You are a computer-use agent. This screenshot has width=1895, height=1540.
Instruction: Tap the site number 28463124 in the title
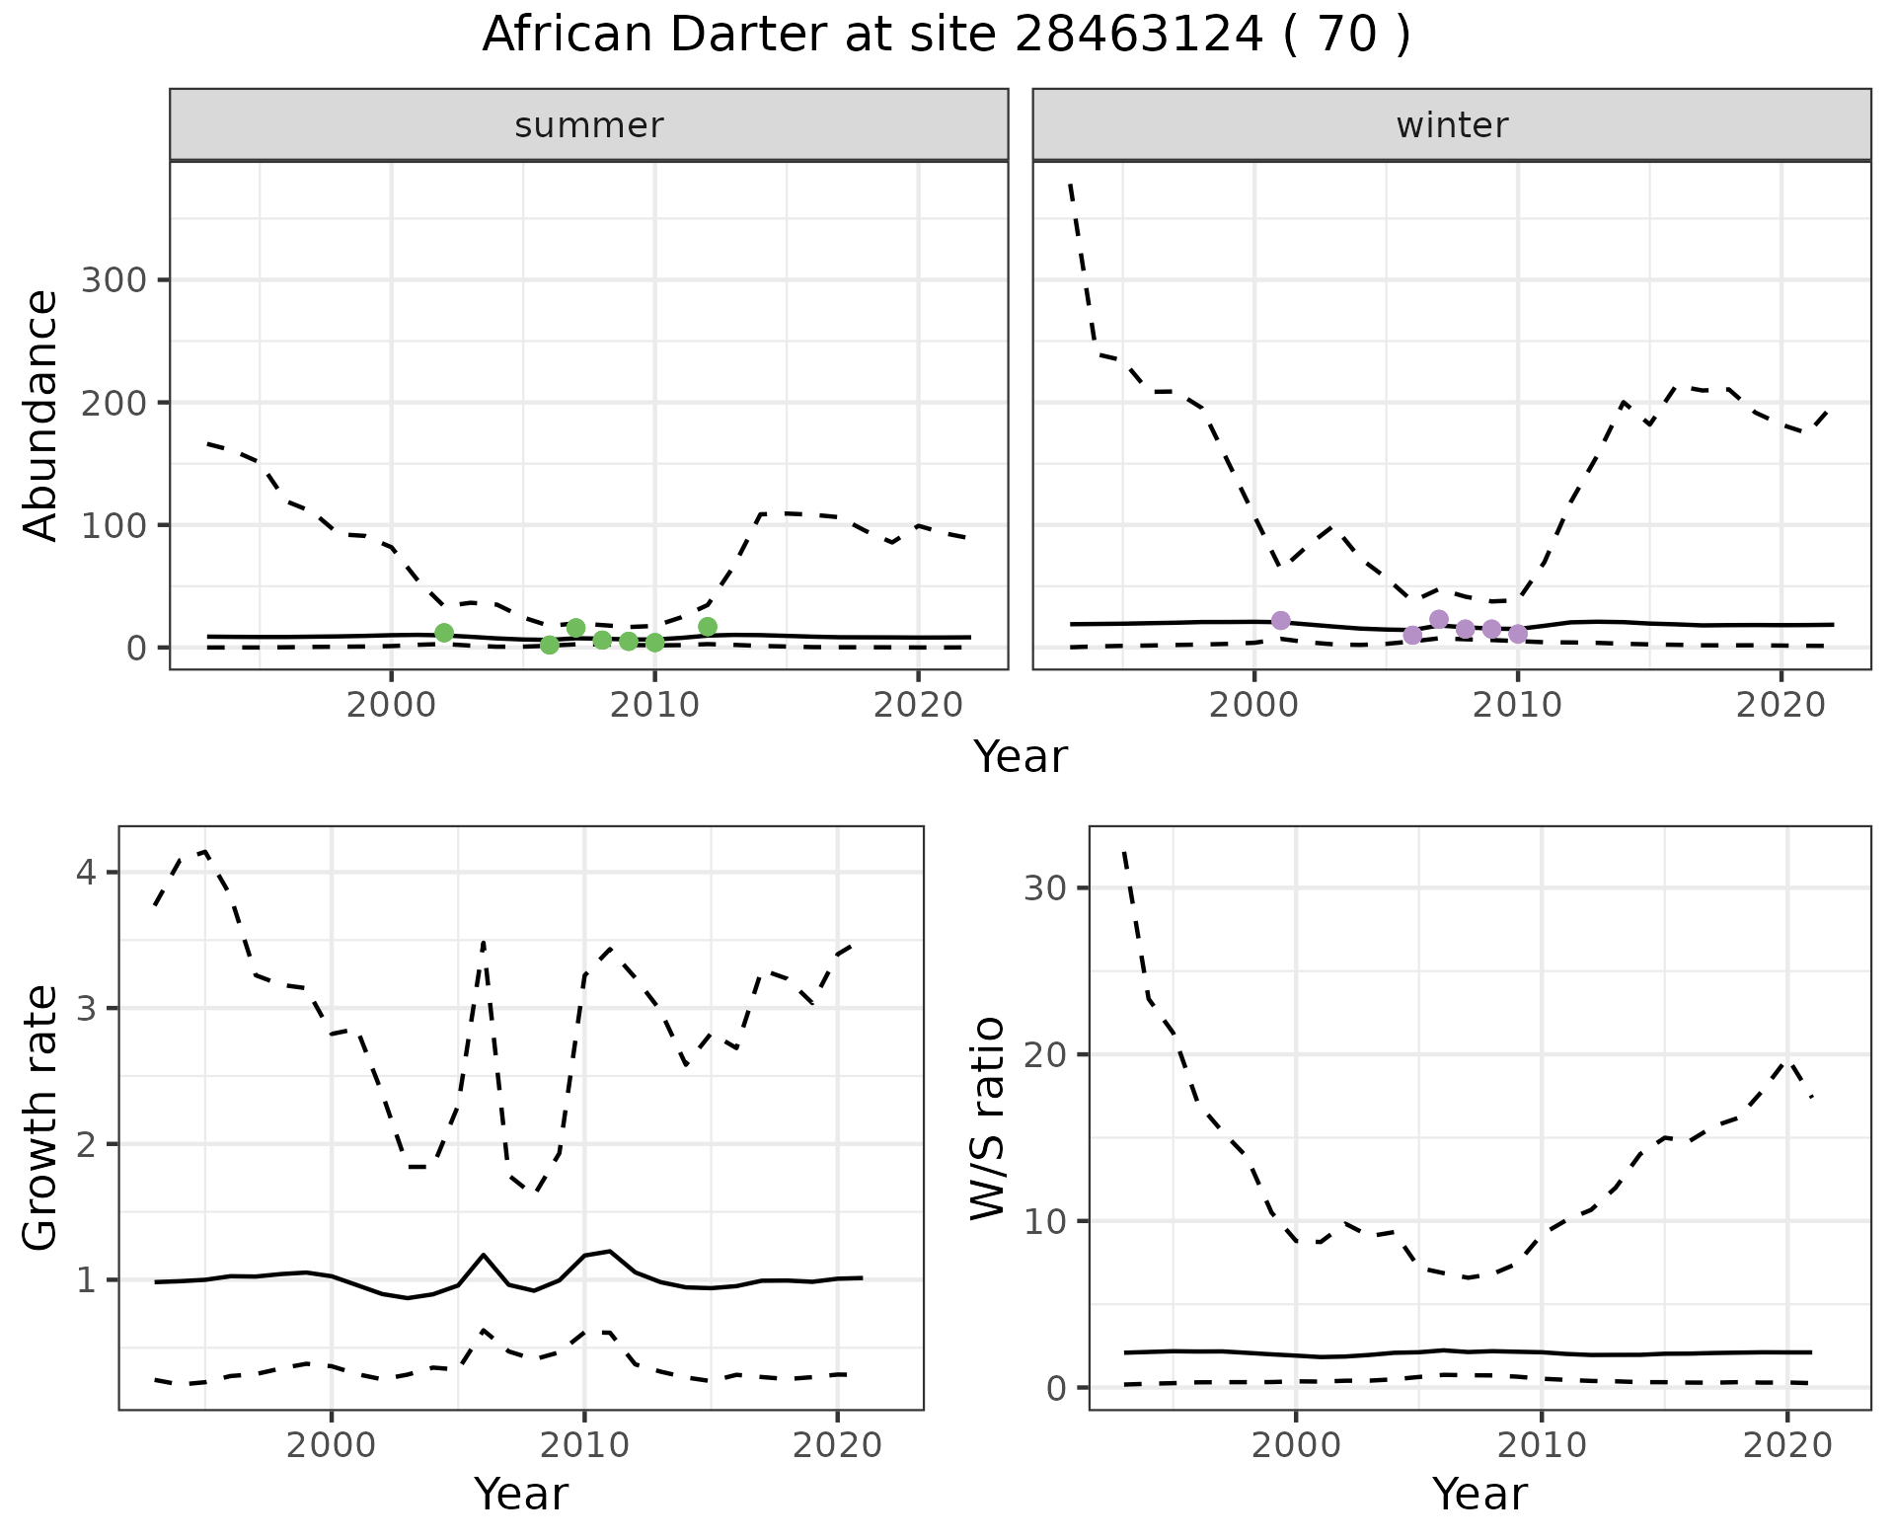1138,36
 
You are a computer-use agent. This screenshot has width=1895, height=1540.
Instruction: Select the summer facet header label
589,125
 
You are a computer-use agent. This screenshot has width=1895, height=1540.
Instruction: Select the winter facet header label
1452,125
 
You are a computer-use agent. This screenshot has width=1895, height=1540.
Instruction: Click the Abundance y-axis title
41,415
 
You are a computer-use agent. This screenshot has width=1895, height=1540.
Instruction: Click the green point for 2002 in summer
444,633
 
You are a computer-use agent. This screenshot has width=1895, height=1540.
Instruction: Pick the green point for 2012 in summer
708,627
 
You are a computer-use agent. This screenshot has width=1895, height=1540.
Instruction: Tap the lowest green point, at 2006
550,645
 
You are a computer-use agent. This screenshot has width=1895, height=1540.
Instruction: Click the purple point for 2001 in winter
1281,621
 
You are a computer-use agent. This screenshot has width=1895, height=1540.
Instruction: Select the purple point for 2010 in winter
1518,634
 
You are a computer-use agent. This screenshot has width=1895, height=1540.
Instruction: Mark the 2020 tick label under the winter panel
1781,706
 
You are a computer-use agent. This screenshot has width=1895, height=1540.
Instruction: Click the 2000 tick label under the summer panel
392,706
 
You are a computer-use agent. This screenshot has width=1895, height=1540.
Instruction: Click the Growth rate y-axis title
41,1117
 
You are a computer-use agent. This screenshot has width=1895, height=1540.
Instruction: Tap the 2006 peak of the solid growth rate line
484,1255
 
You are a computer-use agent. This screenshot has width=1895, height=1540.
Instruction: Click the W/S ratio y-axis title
987,1117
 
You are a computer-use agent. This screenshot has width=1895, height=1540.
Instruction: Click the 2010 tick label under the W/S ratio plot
1541,1446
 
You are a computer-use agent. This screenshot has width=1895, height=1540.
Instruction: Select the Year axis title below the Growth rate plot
521,1494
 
